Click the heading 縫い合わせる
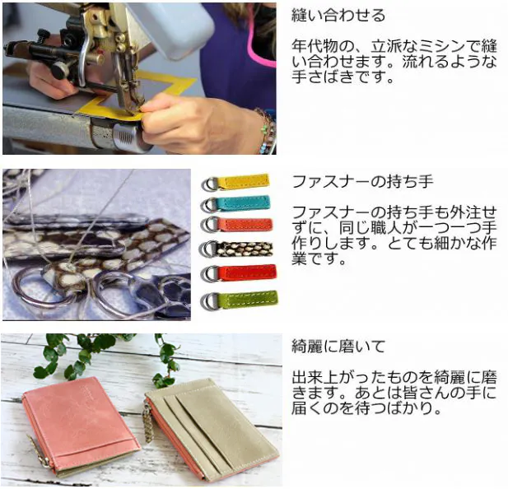click(338, 15)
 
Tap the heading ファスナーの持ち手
click(362, 181)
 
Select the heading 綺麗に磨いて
click(338, 347)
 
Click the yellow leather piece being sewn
click(136, 97)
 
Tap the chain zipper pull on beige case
click(148, 425)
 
